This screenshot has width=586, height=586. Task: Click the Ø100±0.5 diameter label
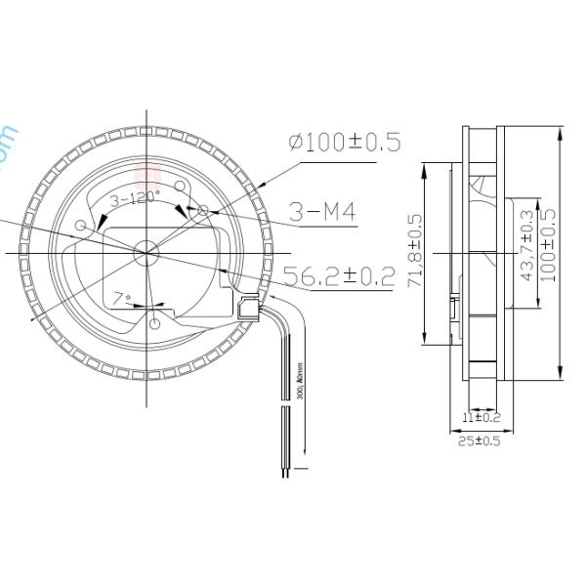[x=344, y=142]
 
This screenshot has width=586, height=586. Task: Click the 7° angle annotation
[x=121, y=298]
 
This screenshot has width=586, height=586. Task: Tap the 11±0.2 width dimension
[x=481, y=418]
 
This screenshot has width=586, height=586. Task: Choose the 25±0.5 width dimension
[x=481, y=441]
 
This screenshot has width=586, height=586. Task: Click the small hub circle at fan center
[x=146, y=251]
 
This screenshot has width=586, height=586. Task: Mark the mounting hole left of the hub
[x=80, y=227]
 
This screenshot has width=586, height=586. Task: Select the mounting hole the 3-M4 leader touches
[x=202, y=210]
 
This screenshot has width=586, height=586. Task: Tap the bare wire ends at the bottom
[x=286, y=474]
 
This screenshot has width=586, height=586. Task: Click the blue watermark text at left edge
[x=8, y=146]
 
